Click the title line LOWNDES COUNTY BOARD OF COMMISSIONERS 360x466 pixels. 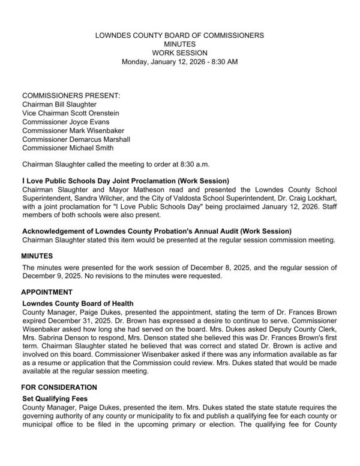[x=180, y=35]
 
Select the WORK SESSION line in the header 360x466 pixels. [x=180, y=53]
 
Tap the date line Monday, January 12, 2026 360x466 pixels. [x=180, y=62]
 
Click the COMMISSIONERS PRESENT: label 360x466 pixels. [x=71, y=95]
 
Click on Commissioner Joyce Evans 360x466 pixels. [x=65, y=122]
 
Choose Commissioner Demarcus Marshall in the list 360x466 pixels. [x=76, y=139]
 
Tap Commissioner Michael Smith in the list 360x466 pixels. [x=68, y=148]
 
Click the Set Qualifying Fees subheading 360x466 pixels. [x=57, y=398]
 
